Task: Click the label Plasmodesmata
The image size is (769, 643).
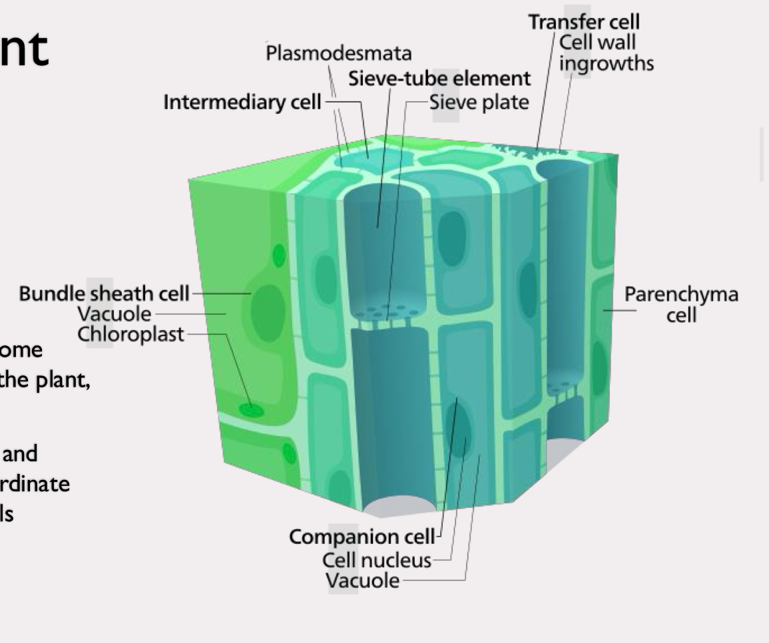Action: pos(338,53)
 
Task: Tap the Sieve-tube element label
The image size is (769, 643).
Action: pos(439,79)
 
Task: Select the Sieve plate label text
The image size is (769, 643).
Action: pos(479,102)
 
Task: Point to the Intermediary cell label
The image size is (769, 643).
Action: pos(242,102)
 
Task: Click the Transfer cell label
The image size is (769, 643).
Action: pos(584,22)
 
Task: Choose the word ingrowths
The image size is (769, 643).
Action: pos(606,63)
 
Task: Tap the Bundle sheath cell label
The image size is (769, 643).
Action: pos(104,293)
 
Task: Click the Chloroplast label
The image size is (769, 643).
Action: pos(130,333)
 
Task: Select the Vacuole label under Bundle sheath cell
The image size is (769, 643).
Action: pos(115,313)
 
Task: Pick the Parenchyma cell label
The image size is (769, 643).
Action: pos(681,304)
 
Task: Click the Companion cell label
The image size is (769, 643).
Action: pos(362,536)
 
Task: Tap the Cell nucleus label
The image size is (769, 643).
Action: pos(376,560)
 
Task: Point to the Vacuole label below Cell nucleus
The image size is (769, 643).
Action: pos(363,581)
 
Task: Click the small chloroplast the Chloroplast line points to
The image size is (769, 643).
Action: pos(252,409)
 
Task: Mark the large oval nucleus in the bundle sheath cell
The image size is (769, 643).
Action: pos(268,306)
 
